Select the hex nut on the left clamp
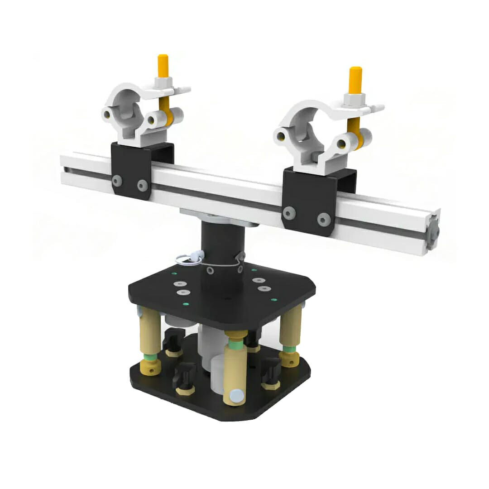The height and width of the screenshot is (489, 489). [162, 82]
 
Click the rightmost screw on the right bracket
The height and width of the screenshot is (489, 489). [323, 219]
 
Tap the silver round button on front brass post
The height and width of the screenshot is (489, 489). [236, 395]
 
